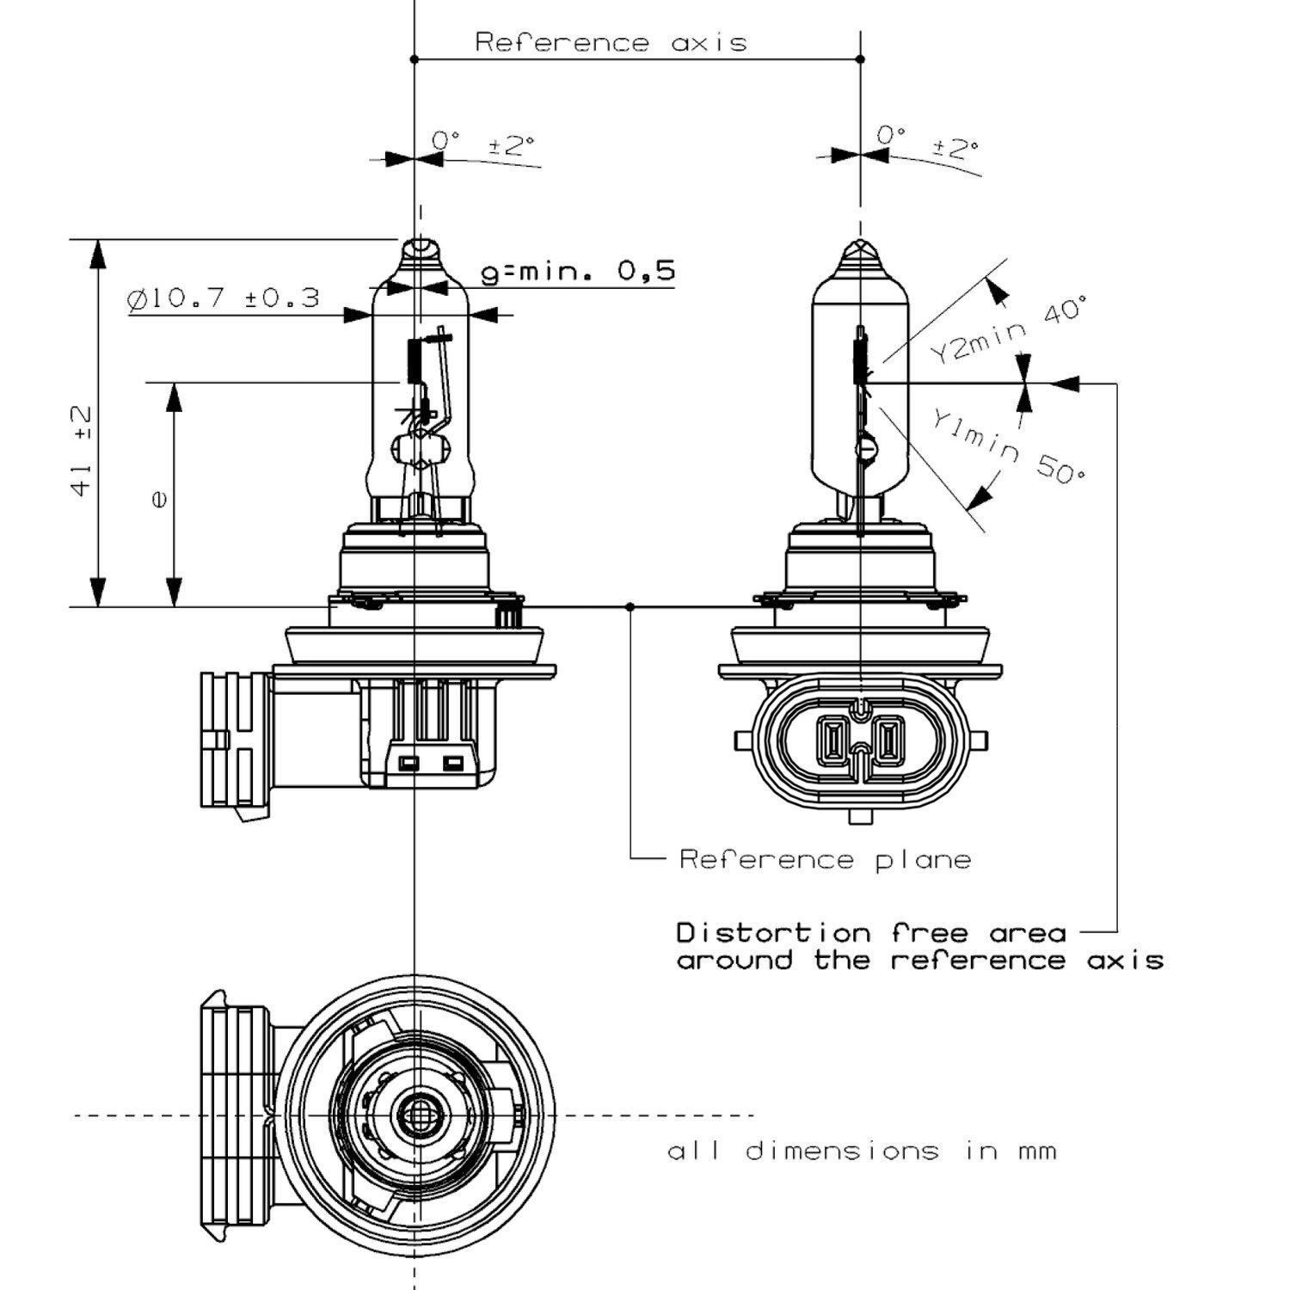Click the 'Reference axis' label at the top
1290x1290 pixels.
tap(611, 42)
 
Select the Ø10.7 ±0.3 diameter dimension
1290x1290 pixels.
tap(223, 298)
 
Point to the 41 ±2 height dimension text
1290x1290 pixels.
tap(82, 451)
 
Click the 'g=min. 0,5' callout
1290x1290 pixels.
tap(577, 272)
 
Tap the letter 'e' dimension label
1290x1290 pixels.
tap(158, 499)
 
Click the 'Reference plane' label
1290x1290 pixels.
tap(825, 859)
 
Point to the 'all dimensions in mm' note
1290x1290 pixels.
tap(862, 1151)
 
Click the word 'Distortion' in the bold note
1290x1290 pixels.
tap(774, 933)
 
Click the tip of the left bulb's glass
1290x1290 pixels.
tap(419, 244)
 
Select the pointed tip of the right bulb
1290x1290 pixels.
tap(861, 243)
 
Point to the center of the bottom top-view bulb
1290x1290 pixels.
tap(419, 1115)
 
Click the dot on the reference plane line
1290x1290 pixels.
tap(630, 607)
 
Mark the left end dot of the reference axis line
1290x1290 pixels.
tap(415, 59)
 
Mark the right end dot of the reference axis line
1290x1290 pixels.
tap(861, 59)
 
